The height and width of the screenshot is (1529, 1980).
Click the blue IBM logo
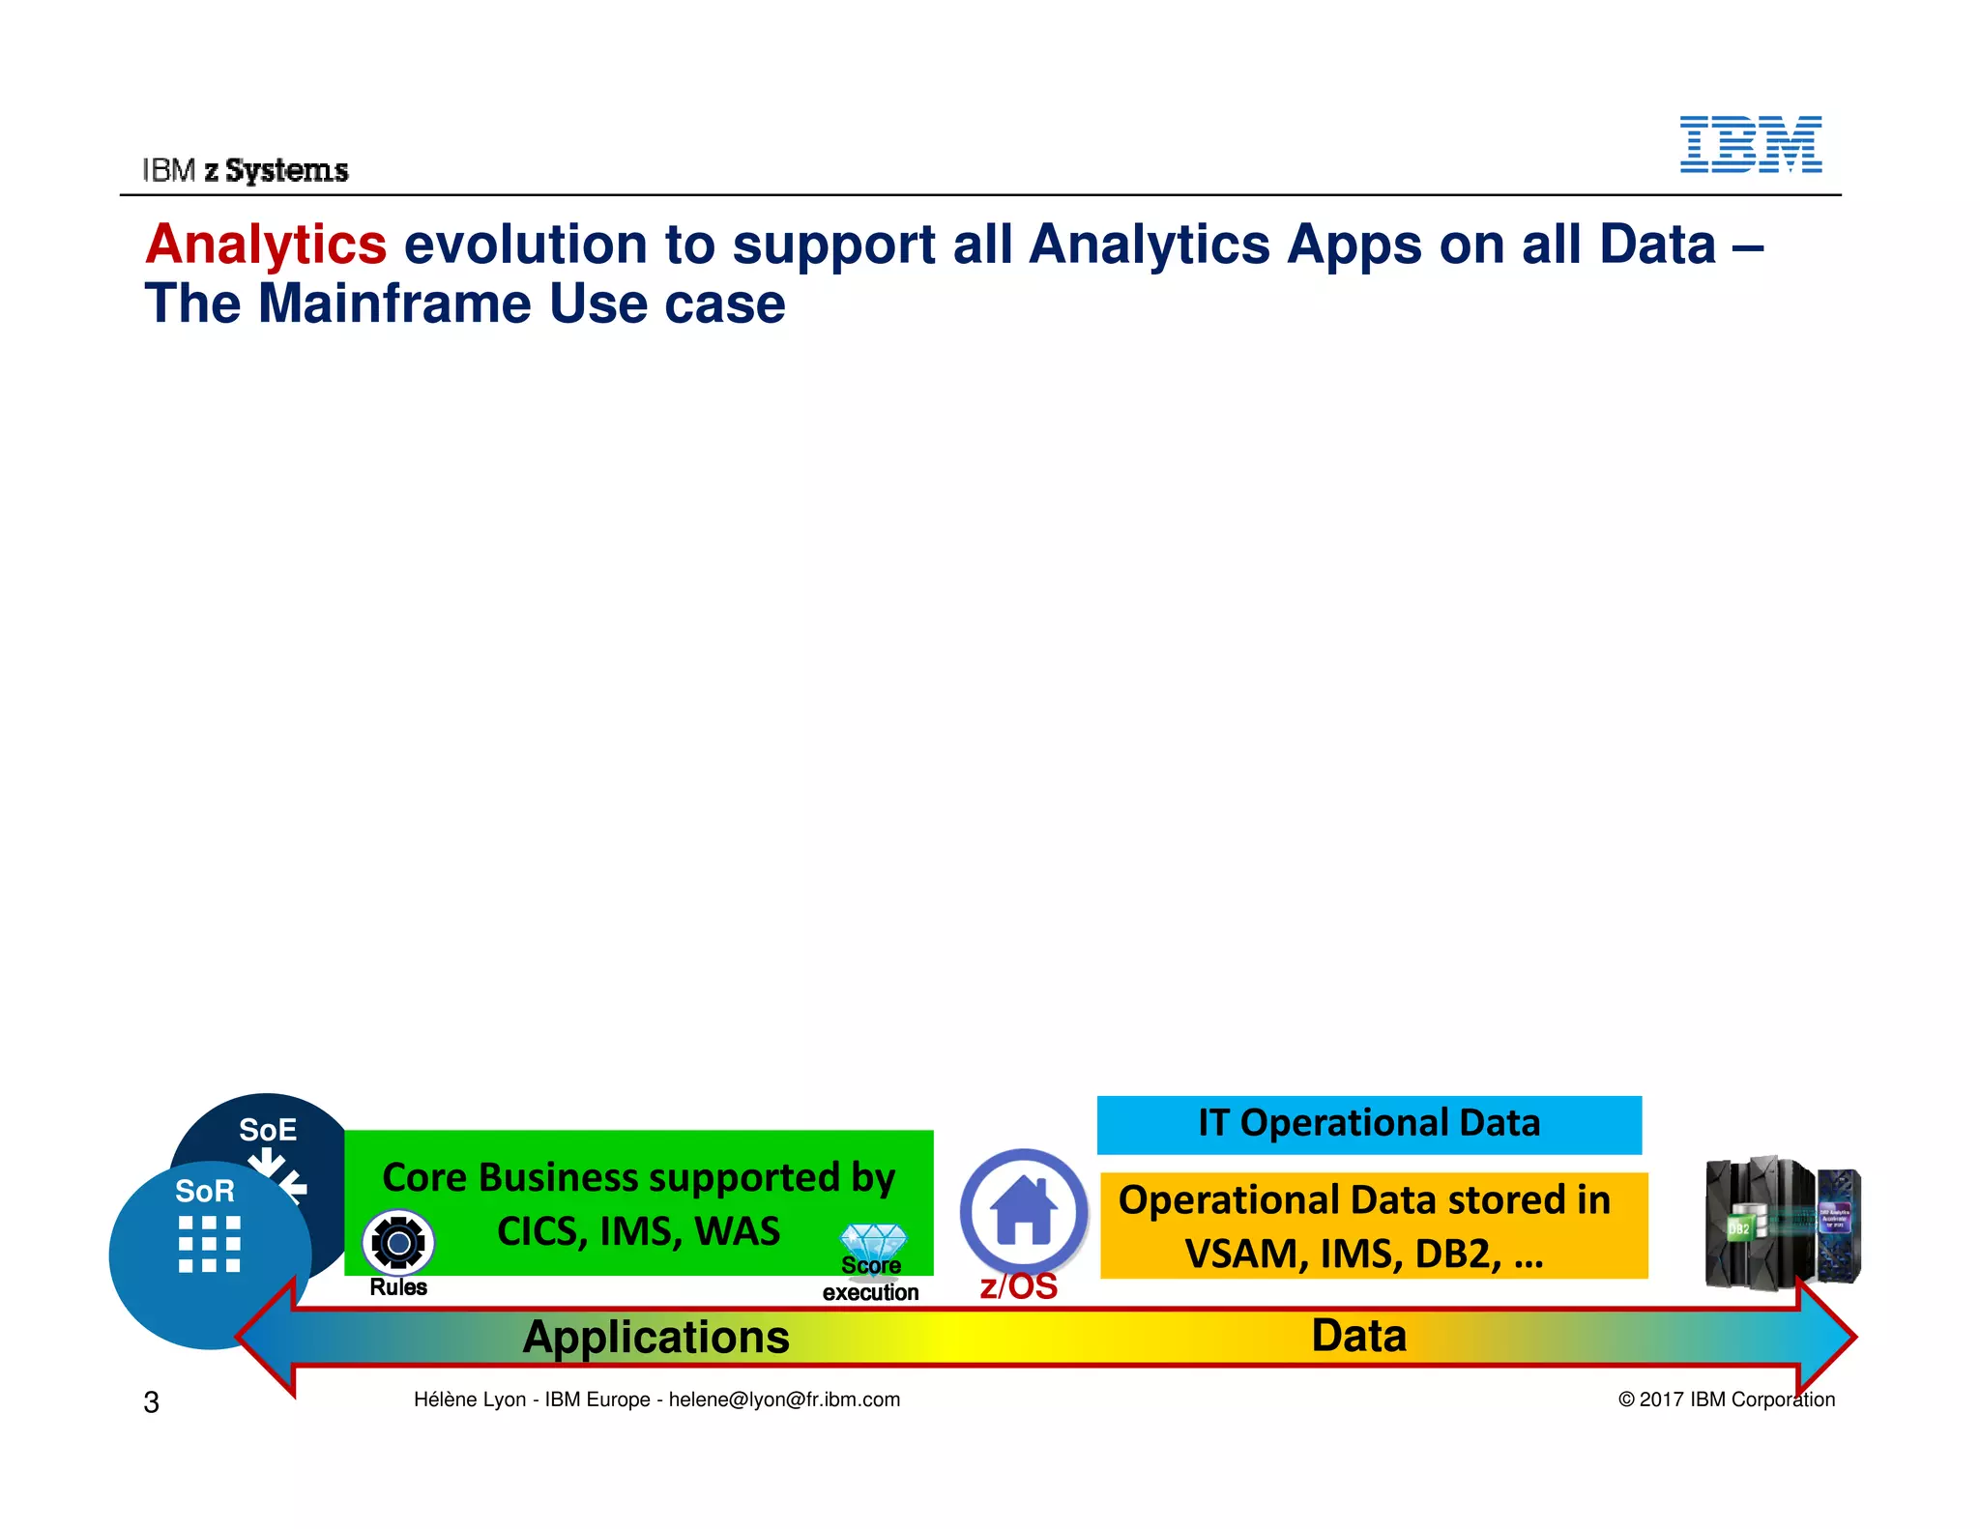[1750, 145]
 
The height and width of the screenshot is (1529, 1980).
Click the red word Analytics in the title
[266, 244]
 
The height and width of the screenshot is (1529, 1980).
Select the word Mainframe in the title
[394, 303]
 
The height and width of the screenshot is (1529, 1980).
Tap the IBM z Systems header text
[246, 170]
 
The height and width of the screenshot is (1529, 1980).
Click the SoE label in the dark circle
[268, 1129]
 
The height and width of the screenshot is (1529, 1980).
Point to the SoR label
[204, 1191]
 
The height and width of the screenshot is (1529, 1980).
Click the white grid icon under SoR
[209, 1244]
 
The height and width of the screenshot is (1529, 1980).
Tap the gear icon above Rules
[398, 1243]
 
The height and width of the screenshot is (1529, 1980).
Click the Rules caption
[398, 1287]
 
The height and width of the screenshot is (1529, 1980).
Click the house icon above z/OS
[1023, 1210]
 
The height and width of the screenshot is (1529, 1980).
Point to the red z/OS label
[1018, 1286]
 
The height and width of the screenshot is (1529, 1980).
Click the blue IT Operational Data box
[1369, 1124]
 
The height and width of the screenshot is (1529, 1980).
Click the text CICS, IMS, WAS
[638, 1231]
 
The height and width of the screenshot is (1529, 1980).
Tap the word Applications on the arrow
[655, 1338]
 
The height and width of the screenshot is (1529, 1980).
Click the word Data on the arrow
[1358, 1336]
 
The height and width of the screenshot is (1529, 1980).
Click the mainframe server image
[1782, 1223]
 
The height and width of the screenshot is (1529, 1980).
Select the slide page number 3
[151, 1401]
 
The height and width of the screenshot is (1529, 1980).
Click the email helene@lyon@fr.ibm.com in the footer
[784, 1399]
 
